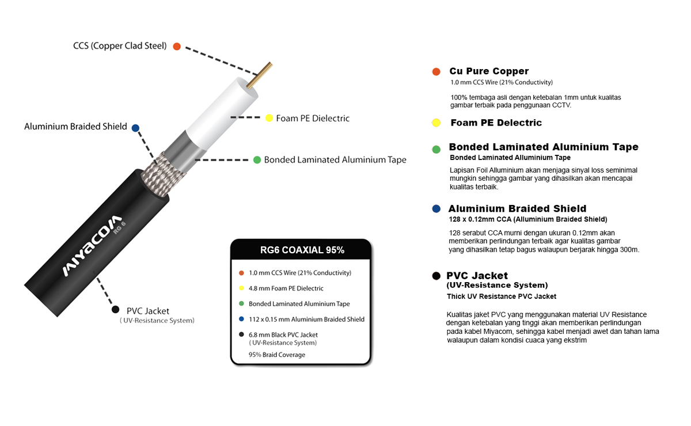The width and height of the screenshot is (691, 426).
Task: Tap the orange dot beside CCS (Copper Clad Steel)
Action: point(177,46)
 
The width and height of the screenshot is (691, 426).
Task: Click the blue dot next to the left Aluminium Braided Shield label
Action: point(135,127)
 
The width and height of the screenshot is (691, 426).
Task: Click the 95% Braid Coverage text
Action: point(277,355)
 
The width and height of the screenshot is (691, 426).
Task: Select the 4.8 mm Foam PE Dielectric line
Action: point(286,288)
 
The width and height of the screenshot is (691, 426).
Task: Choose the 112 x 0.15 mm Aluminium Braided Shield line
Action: point(306,319)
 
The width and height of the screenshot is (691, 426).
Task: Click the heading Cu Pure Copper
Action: point(489,71)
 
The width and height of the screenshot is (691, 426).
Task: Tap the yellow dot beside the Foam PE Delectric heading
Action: point(436,123)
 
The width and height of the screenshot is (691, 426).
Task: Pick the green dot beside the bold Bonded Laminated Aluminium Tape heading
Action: point(436,149)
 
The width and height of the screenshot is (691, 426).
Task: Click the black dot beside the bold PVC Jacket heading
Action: point(436,276)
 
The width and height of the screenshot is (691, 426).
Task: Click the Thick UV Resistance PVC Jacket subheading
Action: point(502,296)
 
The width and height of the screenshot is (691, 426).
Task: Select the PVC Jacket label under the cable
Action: point(147,311)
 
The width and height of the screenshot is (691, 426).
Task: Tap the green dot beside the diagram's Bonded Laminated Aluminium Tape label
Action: point(257,159)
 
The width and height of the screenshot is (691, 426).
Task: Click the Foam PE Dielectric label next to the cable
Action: point(313,119)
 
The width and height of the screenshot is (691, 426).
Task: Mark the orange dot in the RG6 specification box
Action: point(241,273)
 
